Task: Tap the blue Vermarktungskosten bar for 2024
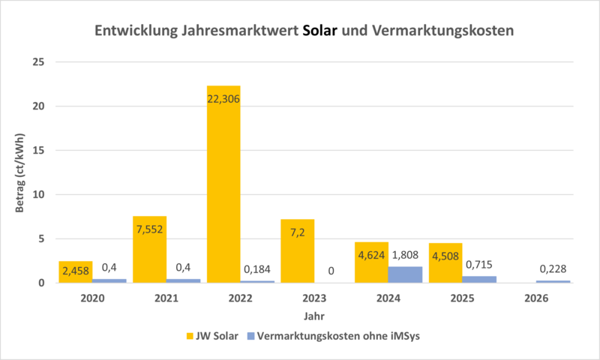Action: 405,274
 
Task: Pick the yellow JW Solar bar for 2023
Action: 297,250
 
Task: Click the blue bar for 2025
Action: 479,279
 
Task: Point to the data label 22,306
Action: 223,97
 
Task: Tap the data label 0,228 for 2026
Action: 553,269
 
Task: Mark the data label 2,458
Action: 76,269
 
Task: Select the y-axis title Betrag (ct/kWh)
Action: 20,172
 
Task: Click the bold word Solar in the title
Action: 321,31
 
